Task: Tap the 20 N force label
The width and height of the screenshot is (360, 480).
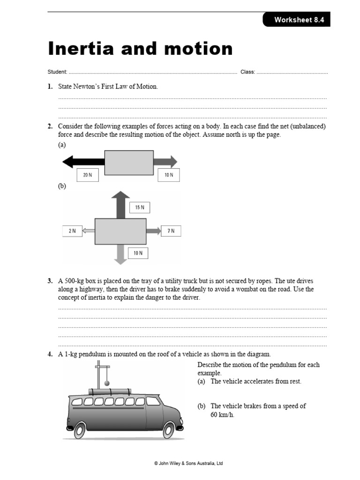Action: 88,175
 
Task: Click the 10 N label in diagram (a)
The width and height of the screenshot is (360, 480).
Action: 168,175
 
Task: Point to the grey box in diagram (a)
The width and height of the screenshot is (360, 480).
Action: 128,162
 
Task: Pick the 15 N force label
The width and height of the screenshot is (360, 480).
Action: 140,207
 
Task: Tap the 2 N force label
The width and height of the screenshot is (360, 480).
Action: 72,231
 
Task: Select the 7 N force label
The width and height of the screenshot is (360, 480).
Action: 171,231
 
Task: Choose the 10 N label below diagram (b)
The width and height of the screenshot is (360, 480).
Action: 138,253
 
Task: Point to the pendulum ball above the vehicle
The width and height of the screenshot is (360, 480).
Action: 107,383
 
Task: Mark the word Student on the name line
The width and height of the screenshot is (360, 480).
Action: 57,72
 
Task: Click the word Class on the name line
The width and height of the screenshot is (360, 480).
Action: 247,72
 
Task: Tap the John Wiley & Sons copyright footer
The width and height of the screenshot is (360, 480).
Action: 188,463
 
